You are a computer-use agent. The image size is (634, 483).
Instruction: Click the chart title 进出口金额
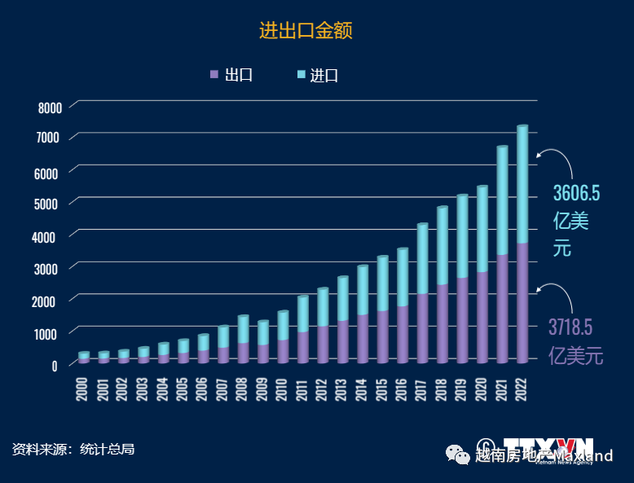(x=306, y=31)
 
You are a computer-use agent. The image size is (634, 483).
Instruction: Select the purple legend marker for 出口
(x=214, y=75)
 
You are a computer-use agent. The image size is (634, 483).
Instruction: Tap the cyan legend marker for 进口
(x=302, y=75)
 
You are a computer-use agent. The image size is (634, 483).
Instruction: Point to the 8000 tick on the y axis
(x=50, y=108)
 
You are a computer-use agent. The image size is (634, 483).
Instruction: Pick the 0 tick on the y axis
(x=55, y=366)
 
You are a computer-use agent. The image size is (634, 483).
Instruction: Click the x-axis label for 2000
(x=82, y=389)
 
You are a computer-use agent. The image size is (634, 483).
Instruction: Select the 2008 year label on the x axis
(x=242, y=389)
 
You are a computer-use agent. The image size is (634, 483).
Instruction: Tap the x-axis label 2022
(x=522, y=389)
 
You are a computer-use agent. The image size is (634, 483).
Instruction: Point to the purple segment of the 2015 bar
(x=382, y=336)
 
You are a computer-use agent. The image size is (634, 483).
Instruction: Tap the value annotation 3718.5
(x=570, y=327)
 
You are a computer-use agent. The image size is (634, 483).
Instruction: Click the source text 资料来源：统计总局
(x=73, y=449)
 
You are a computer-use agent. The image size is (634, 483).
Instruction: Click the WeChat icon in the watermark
(x=455, y=455)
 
